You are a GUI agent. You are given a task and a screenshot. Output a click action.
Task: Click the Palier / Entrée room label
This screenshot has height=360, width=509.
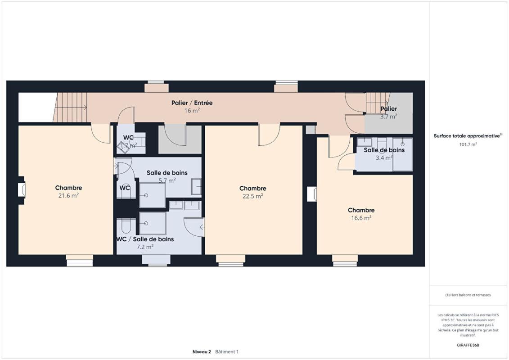coord(192,103)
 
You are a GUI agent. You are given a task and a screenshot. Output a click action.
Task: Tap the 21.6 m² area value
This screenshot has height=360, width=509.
coord(68,196)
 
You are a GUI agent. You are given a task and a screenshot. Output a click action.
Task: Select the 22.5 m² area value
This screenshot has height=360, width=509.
coord(252,196)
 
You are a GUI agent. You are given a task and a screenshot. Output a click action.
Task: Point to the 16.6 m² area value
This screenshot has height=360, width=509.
coord(360,218)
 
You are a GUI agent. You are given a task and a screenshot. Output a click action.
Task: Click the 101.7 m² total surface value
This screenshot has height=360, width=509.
coord(468,144)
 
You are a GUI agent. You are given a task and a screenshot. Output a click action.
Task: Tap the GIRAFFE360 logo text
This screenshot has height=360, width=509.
coord(468,345)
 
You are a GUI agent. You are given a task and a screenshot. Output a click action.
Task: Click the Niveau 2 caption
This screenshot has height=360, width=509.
coord(201,351)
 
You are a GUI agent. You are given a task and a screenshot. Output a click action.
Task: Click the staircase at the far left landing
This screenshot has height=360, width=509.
coord(71,107)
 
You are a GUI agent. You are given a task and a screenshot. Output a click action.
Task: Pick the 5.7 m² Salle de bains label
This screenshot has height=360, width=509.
coord(167,173)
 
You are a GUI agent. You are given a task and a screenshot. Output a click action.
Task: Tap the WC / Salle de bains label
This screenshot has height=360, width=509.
coord(145,239)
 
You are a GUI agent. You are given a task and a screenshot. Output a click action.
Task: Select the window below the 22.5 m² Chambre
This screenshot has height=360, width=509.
coord(230,260)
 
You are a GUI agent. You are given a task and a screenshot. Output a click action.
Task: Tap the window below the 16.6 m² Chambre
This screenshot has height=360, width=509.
coord(345,260)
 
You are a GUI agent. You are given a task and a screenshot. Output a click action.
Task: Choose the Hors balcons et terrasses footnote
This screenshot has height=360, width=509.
coord(468,295)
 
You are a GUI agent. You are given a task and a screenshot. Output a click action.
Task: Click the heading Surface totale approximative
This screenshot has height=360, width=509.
coord(467,136)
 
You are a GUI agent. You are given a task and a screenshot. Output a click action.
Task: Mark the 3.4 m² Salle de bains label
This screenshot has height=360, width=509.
coord(384,150)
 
